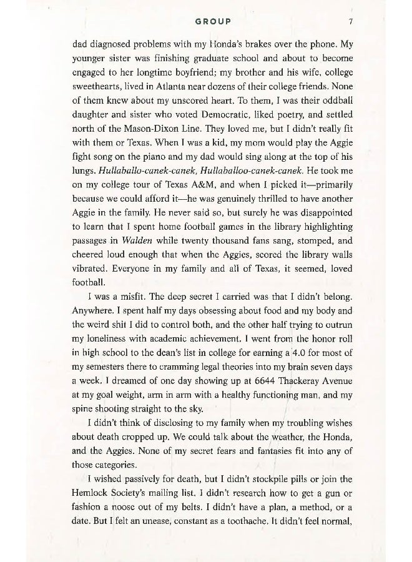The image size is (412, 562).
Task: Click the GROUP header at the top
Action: point(213,21)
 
